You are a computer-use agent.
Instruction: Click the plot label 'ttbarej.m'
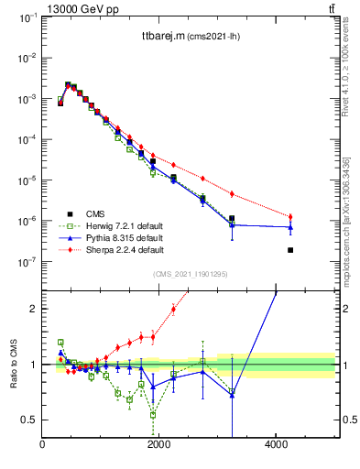[151, 37]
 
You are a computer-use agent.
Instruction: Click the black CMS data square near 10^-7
[290, 250]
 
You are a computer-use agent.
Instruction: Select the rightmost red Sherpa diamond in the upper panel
[290, 217]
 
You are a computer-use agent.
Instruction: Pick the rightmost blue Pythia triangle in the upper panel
[290, 227]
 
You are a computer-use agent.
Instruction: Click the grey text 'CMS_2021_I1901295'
[190, 275]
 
